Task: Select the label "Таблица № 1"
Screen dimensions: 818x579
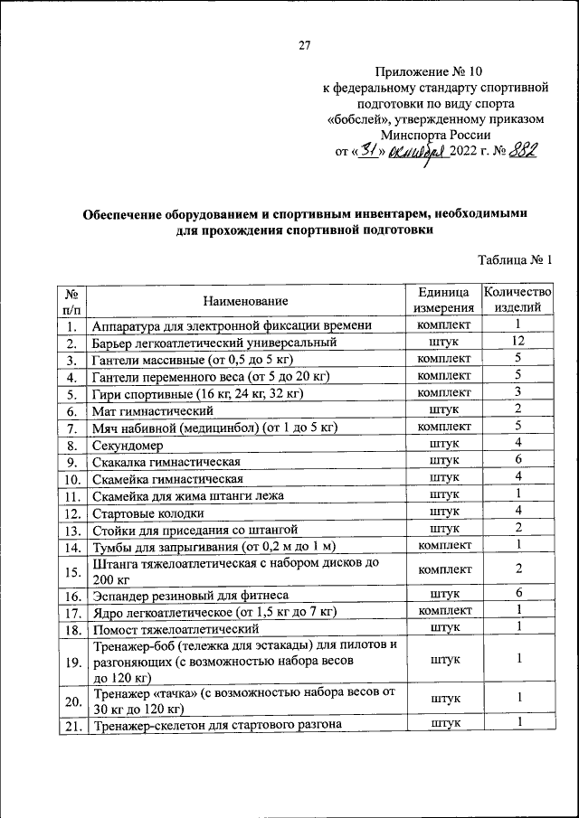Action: point(515,260)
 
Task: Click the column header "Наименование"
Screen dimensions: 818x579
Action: point(245,301)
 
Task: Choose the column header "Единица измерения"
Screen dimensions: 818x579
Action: point(443,301)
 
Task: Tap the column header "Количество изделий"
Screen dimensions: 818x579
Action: point(517,301)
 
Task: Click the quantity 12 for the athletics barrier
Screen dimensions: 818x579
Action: point(517,342)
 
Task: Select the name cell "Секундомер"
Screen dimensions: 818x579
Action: point(126,444)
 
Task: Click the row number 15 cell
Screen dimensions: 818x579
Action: point(72,570)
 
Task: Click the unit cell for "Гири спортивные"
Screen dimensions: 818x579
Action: point(443,393)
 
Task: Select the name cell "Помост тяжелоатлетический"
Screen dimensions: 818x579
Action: point(170,628)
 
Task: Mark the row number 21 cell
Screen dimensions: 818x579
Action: point(72,724)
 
